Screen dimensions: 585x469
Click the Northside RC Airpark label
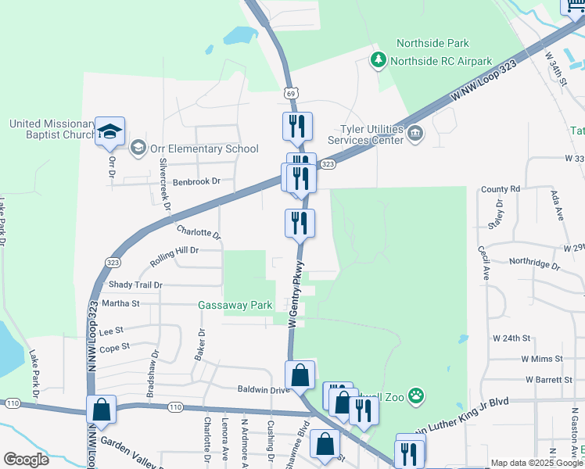[x=440, y=60]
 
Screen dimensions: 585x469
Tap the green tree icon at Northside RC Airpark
[x=379, y=59]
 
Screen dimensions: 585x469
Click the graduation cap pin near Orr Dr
[x=109, y=131]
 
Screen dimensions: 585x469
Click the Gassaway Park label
[x=235, y=305]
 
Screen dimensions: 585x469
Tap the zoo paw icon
[x=416, y=396]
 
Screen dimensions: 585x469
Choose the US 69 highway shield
[x=291, y=93]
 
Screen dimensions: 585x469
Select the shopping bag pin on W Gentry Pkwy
[x=300, y=375]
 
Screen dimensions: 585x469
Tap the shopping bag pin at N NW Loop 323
[x=102, y=410]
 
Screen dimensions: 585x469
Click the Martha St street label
[x=120, y=303]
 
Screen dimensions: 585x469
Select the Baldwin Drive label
[x=264, y=388]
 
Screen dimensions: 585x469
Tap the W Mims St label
[x=542, y=359]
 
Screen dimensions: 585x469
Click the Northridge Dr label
[x=534, y=264]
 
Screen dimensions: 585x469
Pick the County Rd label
[x=501, y=189]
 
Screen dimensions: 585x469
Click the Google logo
[x=26, y=459]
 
